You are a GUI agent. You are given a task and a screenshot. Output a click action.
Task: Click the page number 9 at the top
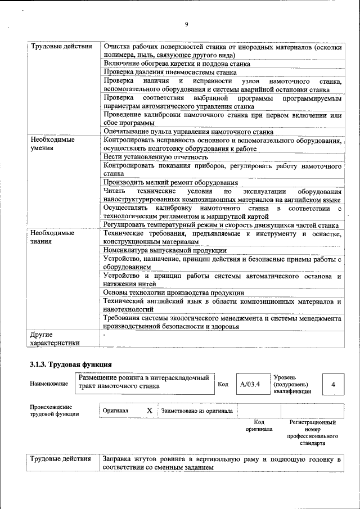click(x=186, y=24)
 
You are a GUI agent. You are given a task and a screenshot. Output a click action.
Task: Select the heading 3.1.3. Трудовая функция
click(x=70, y=364)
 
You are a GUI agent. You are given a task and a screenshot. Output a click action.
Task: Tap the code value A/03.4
click(x=249, y=385)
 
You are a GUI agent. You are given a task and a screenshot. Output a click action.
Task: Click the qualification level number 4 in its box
click(x=334, y=385)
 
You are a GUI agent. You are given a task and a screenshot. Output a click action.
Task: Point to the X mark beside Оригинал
click(x=150, y=411)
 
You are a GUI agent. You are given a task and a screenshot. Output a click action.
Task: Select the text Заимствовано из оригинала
click(x=197, y=411)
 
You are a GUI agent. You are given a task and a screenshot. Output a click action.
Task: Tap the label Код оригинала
click(x=259, y=425)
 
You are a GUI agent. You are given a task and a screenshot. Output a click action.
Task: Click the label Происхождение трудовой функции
click(x=51, y=411)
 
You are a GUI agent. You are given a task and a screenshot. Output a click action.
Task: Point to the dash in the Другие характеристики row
click(x=105, y=334)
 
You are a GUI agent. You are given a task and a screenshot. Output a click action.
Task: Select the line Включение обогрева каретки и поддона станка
click(x=177, y=64)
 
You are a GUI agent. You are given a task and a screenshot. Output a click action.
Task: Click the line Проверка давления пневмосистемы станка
click(x=170, y=73)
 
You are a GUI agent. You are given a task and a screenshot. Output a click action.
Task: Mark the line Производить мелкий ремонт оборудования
click(x=170, y=183)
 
